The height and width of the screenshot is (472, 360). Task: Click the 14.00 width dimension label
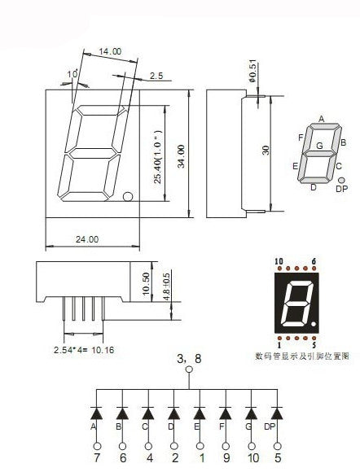(111, 51)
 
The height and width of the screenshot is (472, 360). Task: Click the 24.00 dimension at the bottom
(87, 239)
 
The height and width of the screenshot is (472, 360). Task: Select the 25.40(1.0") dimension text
(158, 154)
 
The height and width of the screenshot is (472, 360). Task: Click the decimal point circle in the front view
(128, 197)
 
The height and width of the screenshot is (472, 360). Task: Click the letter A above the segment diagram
(322, 119)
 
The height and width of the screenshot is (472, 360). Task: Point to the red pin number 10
(279, 261)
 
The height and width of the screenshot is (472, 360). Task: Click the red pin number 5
(313, 345)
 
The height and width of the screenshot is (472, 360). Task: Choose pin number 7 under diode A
(97, 458)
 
